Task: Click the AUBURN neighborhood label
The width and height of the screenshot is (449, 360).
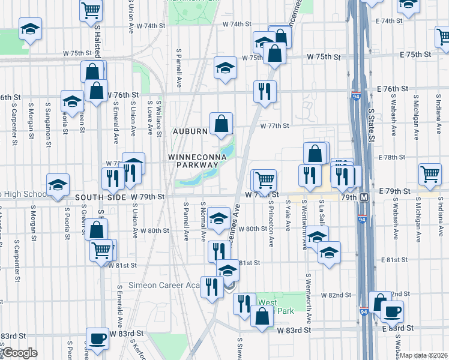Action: click(190, 131)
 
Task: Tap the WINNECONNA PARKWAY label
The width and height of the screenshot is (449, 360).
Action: click(197, 161)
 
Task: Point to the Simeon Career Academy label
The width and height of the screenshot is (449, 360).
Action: click(163, 285)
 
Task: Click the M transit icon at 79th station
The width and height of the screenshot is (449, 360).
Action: click(364, 197)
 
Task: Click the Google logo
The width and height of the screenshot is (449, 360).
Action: click(20, 353)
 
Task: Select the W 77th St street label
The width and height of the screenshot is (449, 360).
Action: click(275, 126)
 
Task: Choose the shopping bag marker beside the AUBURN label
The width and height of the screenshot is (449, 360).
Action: click(221, 124)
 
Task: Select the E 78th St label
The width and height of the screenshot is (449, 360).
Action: click(393, 157)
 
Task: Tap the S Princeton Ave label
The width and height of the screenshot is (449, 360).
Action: click(271, 230)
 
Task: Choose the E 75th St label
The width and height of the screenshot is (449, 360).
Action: click(411, 55)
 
